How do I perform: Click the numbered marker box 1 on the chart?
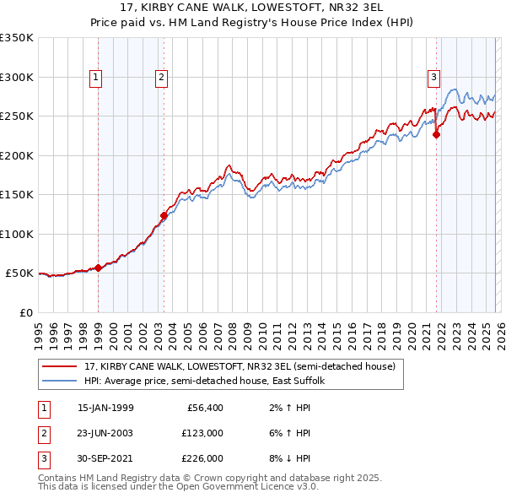[x=95, y=78]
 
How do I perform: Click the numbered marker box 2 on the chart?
[x=161, y=78]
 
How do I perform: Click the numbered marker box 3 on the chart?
[x=433, y=78]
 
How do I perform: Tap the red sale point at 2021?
[x=437, y=134]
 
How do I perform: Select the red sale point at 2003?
[x=164, y=216]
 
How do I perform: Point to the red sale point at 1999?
[x=98, y=268]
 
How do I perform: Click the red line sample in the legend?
[x=59, y=366]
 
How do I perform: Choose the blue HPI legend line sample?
[x=59, y=382]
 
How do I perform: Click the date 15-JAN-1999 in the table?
[x=105, y=408]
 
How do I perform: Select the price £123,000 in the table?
[x=202, y=432]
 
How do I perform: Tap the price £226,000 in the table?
[x=202, y=457]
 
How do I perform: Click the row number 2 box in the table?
[x=43, y=432]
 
